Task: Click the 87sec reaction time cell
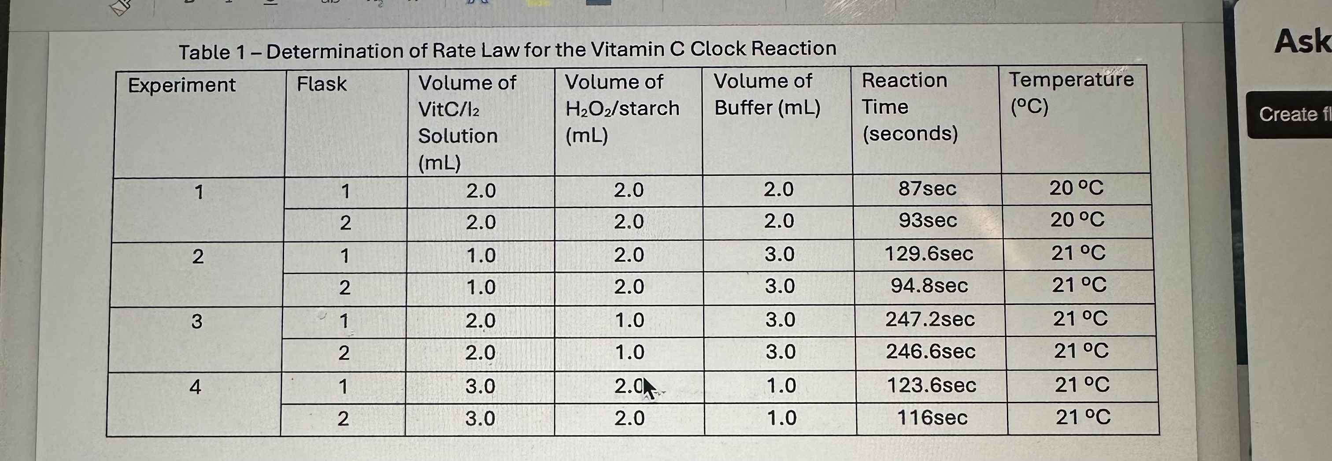click(x=927, y=189)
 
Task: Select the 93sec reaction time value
click(x=928, y=220)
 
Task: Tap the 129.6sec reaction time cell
click(x=929, y=253)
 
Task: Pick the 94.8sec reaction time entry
click(x=929, y=286)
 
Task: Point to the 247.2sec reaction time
click(x=930, y=319)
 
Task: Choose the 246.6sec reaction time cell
click(x=930, y=352)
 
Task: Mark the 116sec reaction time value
click(x=932, y=417)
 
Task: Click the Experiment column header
click(x=181, y=86)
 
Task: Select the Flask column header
click(x=322, y=84)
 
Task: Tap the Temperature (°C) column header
click(x=1071, y=80)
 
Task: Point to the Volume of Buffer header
click(x=767, y=94)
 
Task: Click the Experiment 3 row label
click(x=196, y=321)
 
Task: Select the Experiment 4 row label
click(x=195, y=387)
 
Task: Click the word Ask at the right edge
click(x=1302, y=41)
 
